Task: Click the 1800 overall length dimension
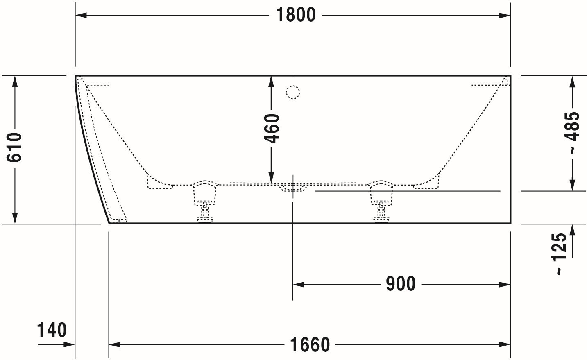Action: (296, 15)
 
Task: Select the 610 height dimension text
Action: (14, 147)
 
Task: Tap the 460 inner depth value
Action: (272, 129)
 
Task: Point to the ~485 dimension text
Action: (572, 133)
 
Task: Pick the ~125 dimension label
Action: (559, 254)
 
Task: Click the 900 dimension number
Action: (401, 284)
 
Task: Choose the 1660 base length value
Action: (310, 345)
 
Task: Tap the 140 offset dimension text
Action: (52, 330)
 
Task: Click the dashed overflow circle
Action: (293, 92)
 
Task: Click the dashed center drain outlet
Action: (293, 187)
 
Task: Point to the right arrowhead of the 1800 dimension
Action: (505, 16)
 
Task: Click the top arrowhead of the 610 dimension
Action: (15, 82)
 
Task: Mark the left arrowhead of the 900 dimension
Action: (299, 285)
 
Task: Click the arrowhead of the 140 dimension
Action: (69, 344)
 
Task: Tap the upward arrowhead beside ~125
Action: (572, 230)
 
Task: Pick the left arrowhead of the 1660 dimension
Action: (115, 344)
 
